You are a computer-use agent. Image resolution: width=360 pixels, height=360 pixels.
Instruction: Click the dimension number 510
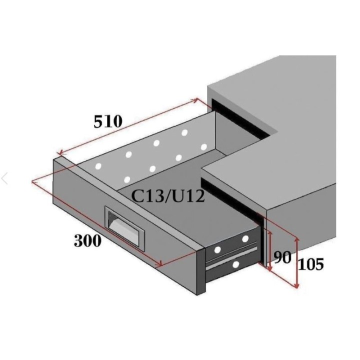click(108, 121)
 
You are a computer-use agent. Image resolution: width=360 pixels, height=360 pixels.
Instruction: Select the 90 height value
click(282, 258)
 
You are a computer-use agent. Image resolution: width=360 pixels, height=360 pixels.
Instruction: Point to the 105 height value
click(310, 263)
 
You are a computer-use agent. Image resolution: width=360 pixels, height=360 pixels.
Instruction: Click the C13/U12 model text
click(168, 196)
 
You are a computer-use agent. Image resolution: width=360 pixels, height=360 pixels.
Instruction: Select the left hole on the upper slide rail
click(218, 248)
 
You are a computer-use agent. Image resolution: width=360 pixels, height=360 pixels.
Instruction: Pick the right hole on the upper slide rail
click(245, 239)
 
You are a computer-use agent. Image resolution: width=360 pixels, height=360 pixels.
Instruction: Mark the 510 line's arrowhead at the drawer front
click(59, 153)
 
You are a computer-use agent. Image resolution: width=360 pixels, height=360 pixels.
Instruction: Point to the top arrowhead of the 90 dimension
click(270, 232)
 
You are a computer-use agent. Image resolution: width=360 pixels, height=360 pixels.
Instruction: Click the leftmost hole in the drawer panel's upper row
click(98, 165)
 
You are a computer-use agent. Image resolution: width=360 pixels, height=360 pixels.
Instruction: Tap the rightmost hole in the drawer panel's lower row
click(203, 146)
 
